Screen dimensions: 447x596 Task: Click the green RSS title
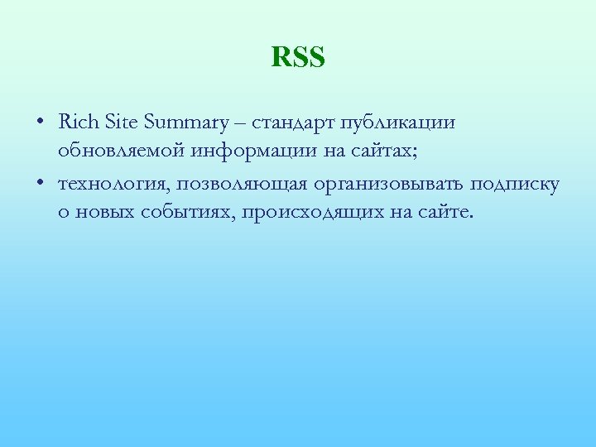pos(298,59)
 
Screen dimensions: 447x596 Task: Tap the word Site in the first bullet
pos(123,123)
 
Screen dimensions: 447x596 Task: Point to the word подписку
pos(517,184)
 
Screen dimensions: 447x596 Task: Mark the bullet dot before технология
pos(41,184)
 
